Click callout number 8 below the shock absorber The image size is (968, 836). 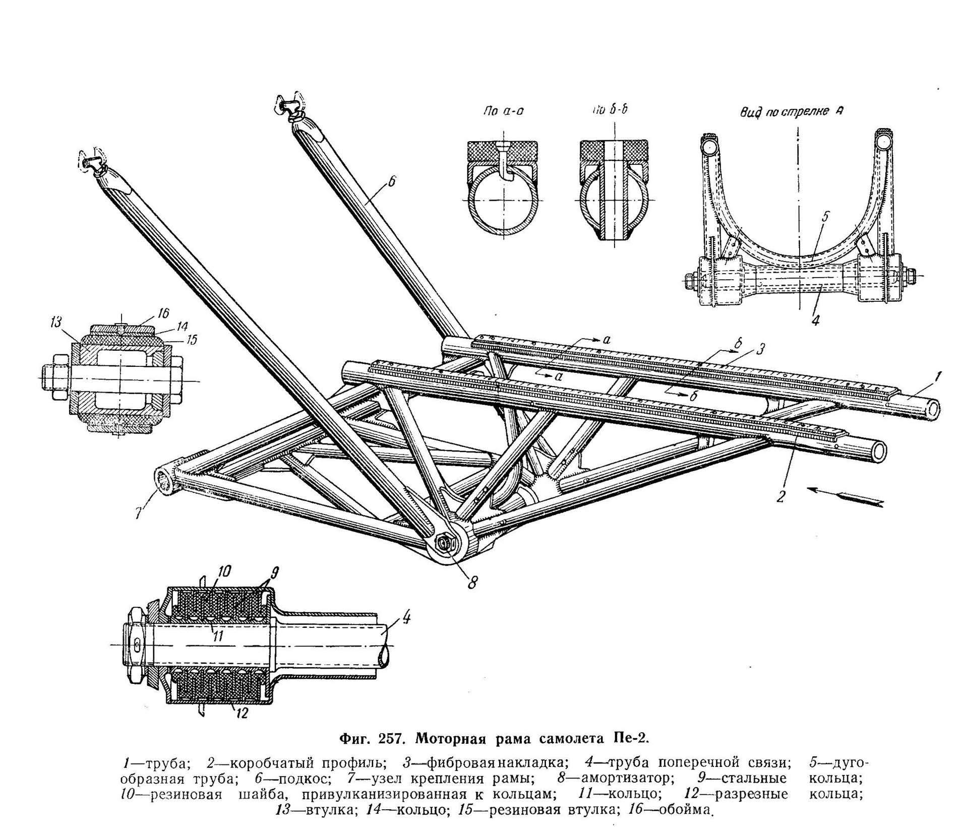click(x=472, y=583)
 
